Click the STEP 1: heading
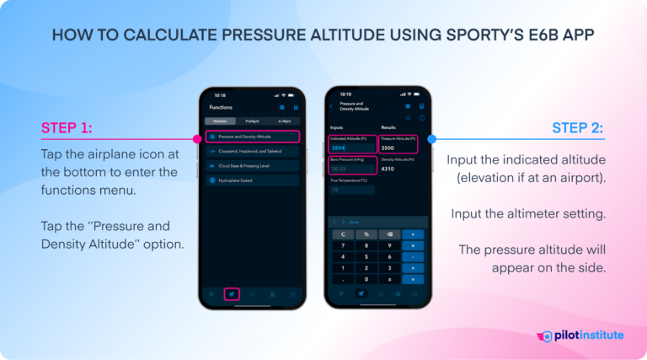point(67,128)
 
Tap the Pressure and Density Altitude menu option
point(252,136)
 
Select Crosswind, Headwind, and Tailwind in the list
point(252,151)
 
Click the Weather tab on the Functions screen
point(219,121)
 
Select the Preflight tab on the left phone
point(252,121)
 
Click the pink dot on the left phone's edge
point(198,138)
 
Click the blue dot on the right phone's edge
point(432,138)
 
